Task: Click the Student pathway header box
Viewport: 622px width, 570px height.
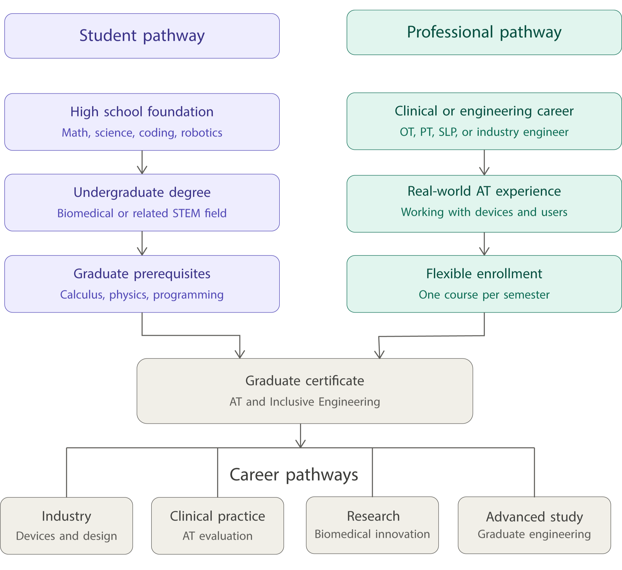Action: (142, 36)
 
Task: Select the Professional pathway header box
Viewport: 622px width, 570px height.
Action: (484, 32)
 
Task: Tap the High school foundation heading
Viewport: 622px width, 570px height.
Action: (142, 112)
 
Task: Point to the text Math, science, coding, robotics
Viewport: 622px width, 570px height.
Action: (142, 133)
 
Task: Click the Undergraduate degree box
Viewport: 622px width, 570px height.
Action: (142, 202)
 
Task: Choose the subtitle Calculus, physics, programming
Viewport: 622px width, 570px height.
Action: (142, 295)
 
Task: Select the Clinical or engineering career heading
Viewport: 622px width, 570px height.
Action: (484, 111)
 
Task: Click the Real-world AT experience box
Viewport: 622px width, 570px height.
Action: (484, 204)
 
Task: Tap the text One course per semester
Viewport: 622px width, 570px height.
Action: (484, 295)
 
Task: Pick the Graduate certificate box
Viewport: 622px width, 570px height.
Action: (305, 391)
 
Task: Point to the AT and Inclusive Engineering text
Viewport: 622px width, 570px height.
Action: (305, 402)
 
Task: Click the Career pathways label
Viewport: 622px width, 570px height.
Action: (294, 474)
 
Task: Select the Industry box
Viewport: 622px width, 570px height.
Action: (66, 525)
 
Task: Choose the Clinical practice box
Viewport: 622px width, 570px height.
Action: (217, 525)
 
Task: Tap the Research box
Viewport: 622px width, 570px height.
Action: (372, 525)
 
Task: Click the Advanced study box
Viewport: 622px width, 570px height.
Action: (534, 525)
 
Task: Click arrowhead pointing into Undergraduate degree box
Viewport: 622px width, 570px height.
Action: (142, 170)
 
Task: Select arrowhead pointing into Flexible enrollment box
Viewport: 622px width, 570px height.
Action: (484, 251)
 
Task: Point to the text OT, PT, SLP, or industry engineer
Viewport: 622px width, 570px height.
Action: (484, 132)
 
